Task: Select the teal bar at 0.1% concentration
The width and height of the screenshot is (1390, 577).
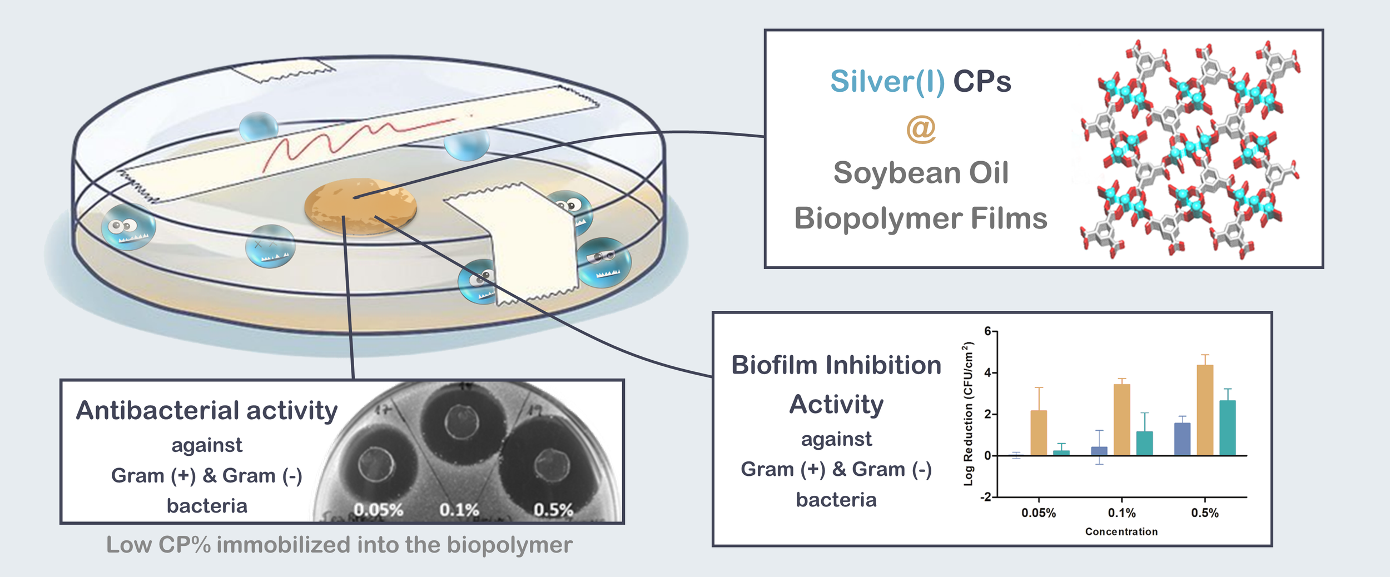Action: click(1144, 444)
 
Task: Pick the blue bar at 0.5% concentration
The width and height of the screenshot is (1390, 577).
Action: click(1182, 439)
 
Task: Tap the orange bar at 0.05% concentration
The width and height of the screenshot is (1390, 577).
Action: click(1039, 433)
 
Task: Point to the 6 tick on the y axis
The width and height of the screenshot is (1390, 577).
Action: click(988, 331)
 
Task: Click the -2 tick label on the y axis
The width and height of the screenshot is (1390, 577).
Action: click(985, 497)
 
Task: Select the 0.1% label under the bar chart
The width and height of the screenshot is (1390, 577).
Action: click(1121, 513)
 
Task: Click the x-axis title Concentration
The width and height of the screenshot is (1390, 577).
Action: click(1121, 532)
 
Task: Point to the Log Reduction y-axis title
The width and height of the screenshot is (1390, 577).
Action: click(969, 414)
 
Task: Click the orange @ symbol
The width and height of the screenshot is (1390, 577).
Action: click(921, 129)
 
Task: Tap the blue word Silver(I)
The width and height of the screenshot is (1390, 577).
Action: click(887, 82)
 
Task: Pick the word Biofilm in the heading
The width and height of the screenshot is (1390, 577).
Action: click(775, 366)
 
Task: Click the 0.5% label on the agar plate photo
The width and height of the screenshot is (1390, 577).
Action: click(553, 510)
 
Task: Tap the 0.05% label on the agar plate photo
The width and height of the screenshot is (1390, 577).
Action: click(378, 510)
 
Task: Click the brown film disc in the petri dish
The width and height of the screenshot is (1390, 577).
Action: click(360, 206)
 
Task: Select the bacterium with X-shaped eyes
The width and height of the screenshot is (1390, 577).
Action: click(270, 246)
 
